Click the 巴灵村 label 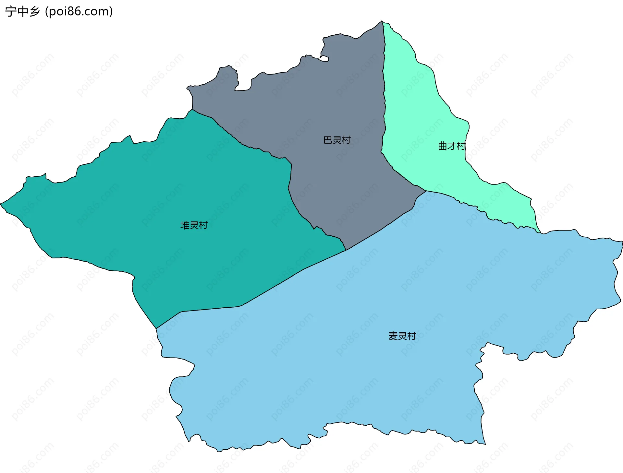pyautogui.click(x=337, y=140)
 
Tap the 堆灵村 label pyautogui.click(x=194, y=225)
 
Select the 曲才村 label pyautogui.click(x=451, y=146)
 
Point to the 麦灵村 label pyautogui.click(x=402, y=336)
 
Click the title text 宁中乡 pyautogui.click(x=22, y=12)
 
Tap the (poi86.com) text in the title pyautogui.click(x=79, y=12)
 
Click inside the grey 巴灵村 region pyautogui.click(x=324, y=97)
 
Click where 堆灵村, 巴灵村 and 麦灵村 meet pyautogui.click(x=346, y=250)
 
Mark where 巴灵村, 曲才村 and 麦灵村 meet pyautogui.click(x=426, y=191)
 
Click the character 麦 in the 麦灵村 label pyautogui.click(x=393, y=336)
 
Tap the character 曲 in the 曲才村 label pyautogui.click(x=442, y=146)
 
